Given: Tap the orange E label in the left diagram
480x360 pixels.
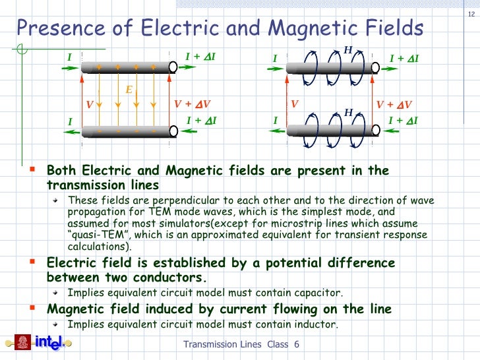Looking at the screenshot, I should [129, 89].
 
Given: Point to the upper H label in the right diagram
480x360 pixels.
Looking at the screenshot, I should [348, 49].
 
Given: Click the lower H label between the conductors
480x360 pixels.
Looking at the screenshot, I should [348, 113].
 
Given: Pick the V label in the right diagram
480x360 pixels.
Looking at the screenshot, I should [294, 104].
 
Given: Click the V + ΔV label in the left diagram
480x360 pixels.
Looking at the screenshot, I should [192, 104].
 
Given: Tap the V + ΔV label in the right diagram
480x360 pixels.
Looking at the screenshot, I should [394, 104].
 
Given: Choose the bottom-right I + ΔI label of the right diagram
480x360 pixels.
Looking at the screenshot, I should [404, 120].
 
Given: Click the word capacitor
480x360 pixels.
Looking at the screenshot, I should [319, 293].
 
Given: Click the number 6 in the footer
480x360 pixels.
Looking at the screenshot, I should [297, 345].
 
